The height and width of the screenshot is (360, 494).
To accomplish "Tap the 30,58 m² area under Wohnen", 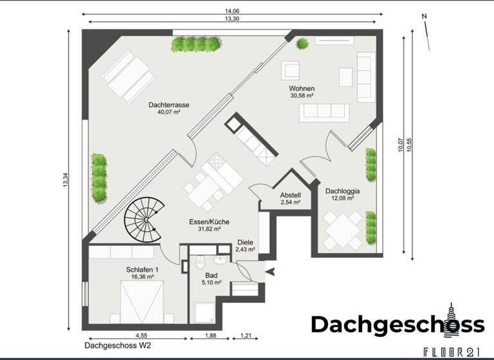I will click(x=301, y=96).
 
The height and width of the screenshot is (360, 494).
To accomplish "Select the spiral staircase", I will click(x=145, y=219).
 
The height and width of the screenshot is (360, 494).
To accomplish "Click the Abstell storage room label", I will click(x=290, y=195).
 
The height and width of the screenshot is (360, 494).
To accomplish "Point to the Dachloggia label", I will click(x=342, y=191).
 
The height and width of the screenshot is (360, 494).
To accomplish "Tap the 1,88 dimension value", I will click(x=210, y=335).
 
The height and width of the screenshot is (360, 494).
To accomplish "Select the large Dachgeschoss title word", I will click(x=398, y=325).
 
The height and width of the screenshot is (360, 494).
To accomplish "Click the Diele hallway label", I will click(x=245, y=242).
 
